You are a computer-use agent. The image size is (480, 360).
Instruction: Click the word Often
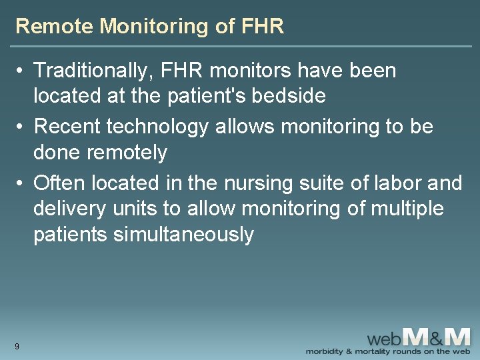(59, 181)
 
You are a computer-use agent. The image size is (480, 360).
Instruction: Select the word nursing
(253, 181)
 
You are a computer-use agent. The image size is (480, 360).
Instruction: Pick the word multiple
(404, 209)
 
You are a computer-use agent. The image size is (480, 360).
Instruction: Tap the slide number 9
(17, 346)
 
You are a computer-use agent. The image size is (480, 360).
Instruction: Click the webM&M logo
(420, 336)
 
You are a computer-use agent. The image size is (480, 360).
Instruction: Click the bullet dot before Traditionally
(22, 70)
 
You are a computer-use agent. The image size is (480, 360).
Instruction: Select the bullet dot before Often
(22, 181)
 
